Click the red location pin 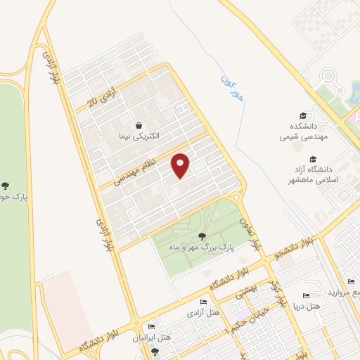[x=181, y=165]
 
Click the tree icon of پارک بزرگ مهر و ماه [x=203, y=236]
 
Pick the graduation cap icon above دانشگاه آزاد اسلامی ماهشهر [x=313, y=159]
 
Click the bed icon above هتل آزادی [x=202, y=302]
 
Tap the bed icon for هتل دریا [x=305, y=296]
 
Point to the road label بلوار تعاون [x=252, y=235]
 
